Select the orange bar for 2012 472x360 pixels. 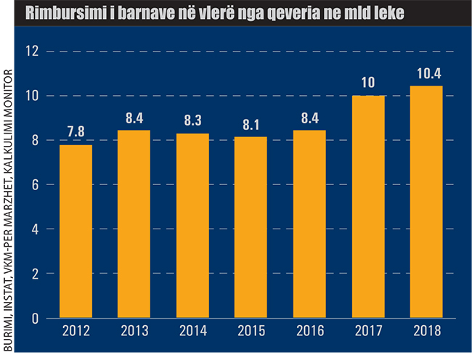point(76,231)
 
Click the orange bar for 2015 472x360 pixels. point(251,226)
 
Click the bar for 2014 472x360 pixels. point(192,225)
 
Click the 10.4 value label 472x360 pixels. point(426,73)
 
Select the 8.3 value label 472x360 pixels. point(192,122)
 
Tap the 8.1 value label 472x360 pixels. point(251,125)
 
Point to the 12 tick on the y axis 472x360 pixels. point(30,52)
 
